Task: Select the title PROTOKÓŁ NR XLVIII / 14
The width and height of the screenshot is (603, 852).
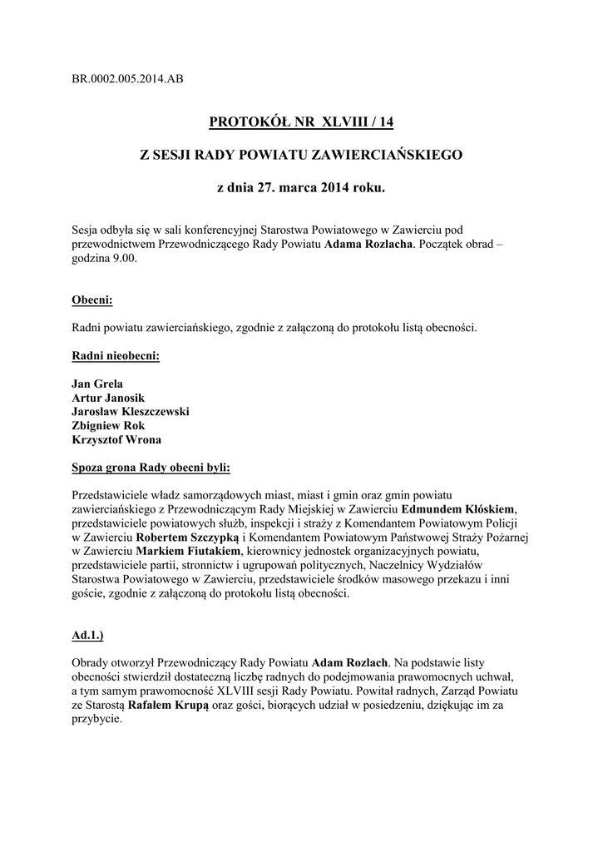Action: pos(301,122)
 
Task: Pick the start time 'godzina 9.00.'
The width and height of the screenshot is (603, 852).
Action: pos(106,260)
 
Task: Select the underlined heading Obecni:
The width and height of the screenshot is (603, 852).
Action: pos(92,299)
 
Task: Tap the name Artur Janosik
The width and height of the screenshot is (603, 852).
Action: pos(109,399)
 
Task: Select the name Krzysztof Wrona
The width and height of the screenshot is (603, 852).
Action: pos(117,439)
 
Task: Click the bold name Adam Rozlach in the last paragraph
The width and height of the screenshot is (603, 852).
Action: pos(349,664)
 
